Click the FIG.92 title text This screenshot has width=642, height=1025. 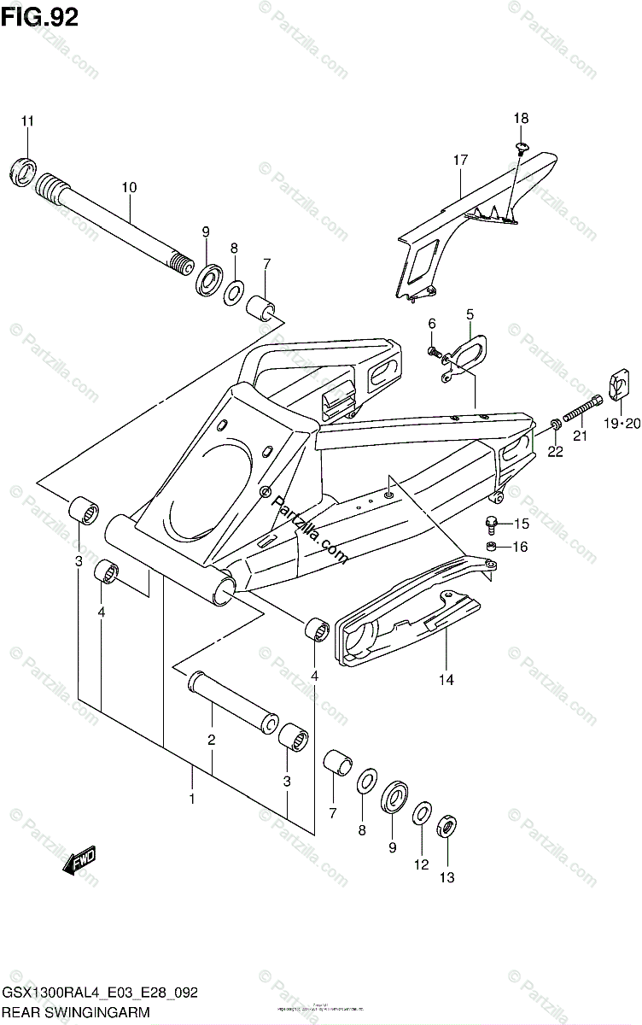[x=40, y=16]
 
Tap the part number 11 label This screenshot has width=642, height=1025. [x=27, y=121]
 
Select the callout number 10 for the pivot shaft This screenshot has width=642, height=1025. [x=129, y=187]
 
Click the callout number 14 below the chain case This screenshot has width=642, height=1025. [x=446, y=680]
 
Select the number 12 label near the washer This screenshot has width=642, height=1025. [x=421, y=864]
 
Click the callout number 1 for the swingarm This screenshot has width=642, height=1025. [x=192, y=799]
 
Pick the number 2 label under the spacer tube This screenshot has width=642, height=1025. [x=211, y=740]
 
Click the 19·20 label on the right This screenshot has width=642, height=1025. [x=621, y=423]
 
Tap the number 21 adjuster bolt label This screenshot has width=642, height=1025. [x=581, y=436]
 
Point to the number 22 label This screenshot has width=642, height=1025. [x=556, y=451]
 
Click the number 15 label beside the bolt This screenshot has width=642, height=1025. [x=521, y=523]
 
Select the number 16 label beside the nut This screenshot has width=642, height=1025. [x=521, y=547]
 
